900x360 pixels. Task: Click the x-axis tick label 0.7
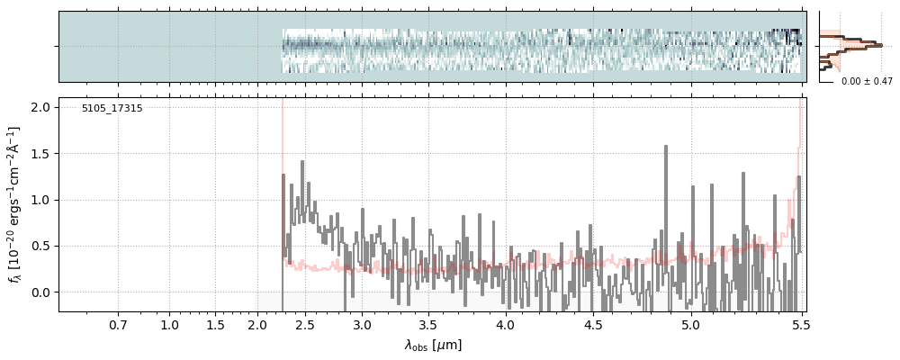pyautogui.click(x=118, y=325)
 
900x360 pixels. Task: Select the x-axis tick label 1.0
pyautogui.click(x=169, y=325)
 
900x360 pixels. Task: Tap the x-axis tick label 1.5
pyautogui.click(x=215, y=325)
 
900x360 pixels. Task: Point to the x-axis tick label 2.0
pyautogui.click(x=257, y=325)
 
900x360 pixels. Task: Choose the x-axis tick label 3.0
pyautogui.click(x=361, y=325)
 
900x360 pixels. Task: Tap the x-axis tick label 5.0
pyautogui.click(x=690, y=325)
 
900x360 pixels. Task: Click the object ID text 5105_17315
pyautogui.click(x=112, y=109)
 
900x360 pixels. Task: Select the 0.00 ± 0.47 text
pyautogui.click(x=867, y=82)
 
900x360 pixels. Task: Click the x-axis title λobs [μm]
pyautogui.click(x=433, y=345)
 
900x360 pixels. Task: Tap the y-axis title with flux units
pyautogui.click(x=15, y=204)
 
